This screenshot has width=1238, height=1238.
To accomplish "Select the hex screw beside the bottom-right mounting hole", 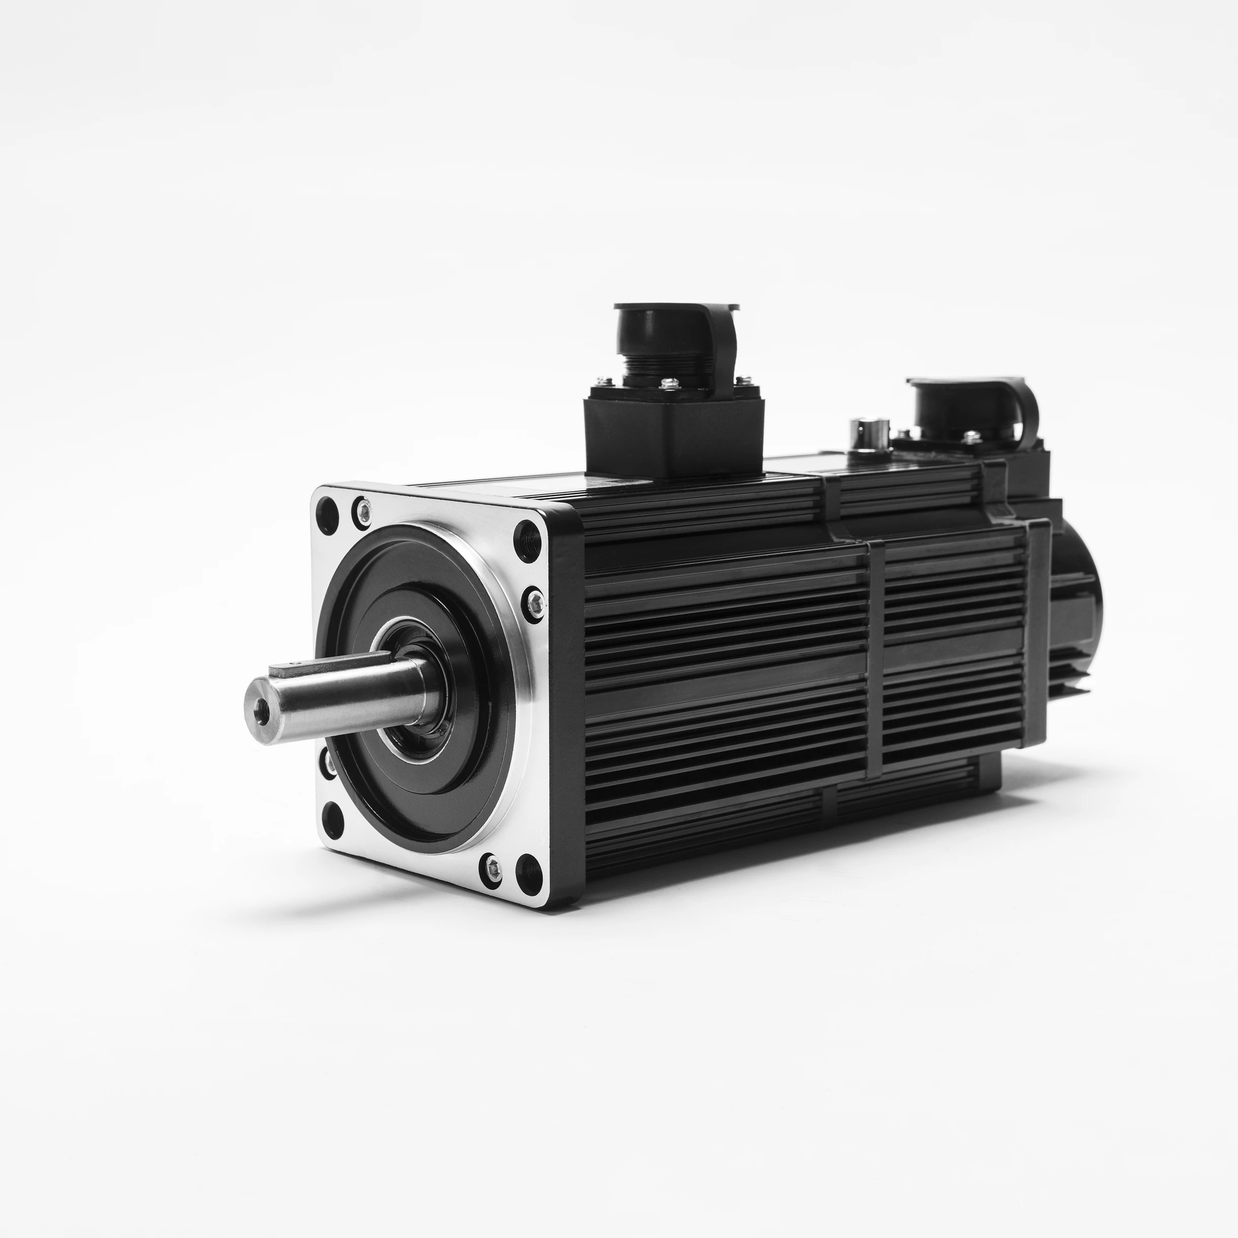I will coord(492,866).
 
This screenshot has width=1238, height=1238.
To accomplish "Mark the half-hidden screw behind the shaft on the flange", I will coord(329,761).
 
